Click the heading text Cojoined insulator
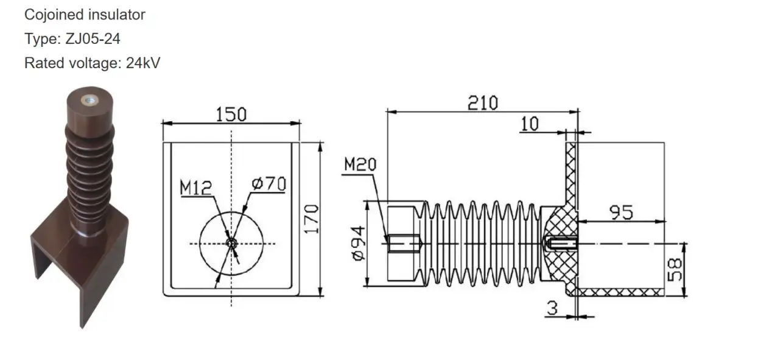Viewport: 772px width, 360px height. coord(85,15)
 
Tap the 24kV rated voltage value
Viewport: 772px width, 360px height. coord(143,63)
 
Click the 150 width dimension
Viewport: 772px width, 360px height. coord(231,114)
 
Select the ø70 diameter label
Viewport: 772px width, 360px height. coord(268,183)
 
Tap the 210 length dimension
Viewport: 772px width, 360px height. coord(482,102)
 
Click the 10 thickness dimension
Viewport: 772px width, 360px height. coord(530,124)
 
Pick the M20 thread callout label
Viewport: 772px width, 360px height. coord(360,164)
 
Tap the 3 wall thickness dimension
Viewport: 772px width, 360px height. coord(552,308)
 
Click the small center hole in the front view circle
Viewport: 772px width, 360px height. coord(231,243)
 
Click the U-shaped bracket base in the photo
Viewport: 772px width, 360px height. coord(79,268)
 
